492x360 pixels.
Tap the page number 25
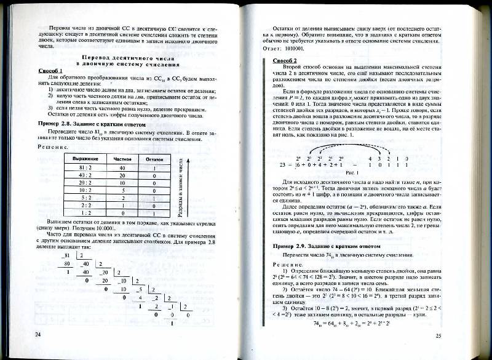coord(438,335)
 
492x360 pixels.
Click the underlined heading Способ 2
coord(285,60)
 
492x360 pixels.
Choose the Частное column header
coord(123,159)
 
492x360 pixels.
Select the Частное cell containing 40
coord(123,168)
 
